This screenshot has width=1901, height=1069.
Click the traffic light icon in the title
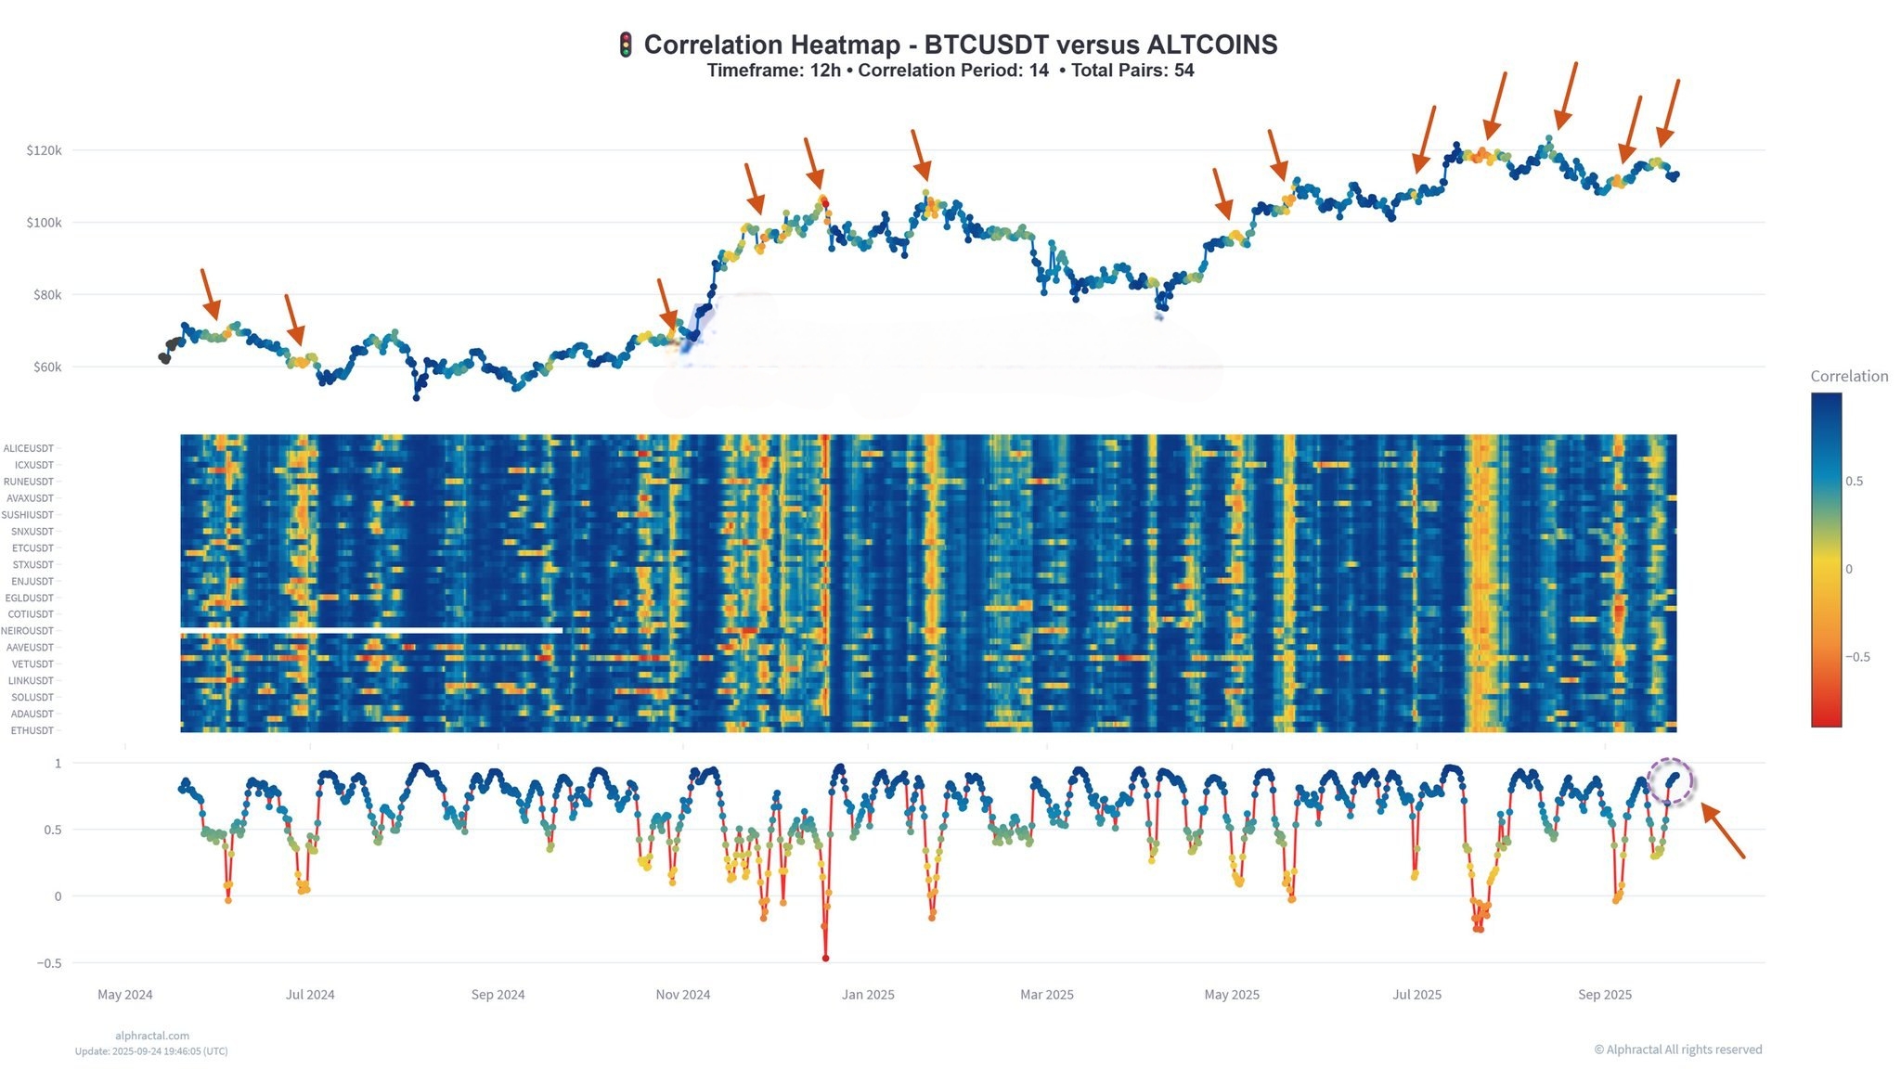(x=626, y=45)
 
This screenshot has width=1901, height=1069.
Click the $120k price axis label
(x=45, y=150)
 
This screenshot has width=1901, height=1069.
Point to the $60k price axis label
(x=47, y=367)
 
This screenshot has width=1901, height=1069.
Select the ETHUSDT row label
(x=32, y=731)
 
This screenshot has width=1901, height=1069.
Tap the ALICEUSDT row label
(x=29, y=449)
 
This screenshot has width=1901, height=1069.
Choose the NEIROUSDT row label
(x=28, y=631)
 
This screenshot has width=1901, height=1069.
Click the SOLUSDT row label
(x=32, y=698)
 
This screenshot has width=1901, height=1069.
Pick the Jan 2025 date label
(x=868, y=995)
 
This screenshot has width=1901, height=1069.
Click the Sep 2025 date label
(x=1605, y=995)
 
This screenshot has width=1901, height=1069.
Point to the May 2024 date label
(x=125, y=995)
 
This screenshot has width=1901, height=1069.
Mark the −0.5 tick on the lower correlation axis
(x=49, y=963)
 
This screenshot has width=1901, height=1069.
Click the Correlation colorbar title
(x=1849, y=376)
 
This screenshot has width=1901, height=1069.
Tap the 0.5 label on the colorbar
(x=1855, y=481)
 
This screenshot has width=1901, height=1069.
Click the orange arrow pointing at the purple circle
(x=1723, y=831)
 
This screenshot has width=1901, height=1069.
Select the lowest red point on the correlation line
(x=825, y=959)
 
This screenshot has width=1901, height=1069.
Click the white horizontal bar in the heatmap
(x=371, y=631)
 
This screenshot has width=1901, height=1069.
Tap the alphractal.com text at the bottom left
(x=152, y=1036)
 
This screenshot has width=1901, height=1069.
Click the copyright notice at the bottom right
(x=1678, y=1050)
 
